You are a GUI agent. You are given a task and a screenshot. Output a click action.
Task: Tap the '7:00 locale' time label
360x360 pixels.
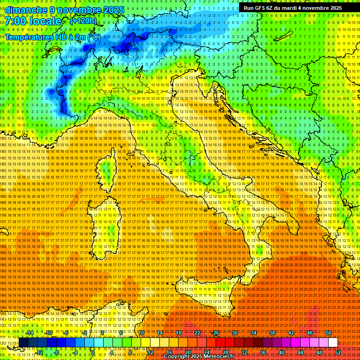(33, 21)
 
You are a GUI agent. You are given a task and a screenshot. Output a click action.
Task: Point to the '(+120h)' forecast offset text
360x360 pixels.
(83, 21)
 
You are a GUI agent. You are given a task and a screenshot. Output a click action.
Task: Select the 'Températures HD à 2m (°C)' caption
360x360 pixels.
(52, 37)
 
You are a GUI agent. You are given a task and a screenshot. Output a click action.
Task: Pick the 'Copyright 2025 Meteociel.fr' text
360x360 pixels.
(201, 357)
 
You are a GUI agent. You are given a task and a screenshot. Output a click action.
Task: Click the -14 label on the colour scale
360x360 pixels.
(30, 333)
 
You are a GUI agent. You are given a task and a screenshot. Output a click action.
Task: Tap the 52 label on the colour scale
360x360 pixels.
(338, 352)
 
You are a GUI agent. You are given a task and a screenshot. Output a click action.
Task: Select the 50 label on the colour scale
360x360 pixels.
(328, 333)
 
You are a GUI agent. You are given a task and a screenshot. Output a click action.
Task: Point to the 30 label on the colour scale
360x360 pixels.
(235, 333)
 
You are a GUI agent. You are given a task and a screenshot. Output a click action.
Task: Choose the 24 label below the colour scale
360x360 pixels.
(206, 352)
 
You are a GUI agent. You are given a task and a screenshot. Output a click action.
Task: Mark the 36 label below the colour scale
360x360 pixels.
(262, 352)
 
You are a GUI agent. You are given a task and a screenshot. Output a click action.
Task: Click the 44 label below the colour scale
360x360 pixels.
(300, 352)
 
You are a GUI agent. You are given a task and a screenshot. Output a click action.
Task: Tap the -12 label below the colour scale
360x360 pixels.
(39, 352)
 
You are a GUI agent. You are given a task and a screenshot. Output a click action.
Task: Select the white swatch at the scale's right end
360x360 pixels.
(333, 342)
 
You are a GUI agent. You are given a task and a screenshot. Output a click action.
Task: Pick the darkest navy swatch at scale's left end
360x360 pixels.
(23, 342)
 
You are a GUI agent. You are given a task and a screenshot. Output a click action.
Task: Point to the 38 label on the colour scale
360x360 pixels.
(272, 333)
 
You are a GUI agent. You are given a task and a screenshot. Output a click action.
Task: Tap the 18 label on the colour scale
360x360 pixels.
(178, 333)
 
